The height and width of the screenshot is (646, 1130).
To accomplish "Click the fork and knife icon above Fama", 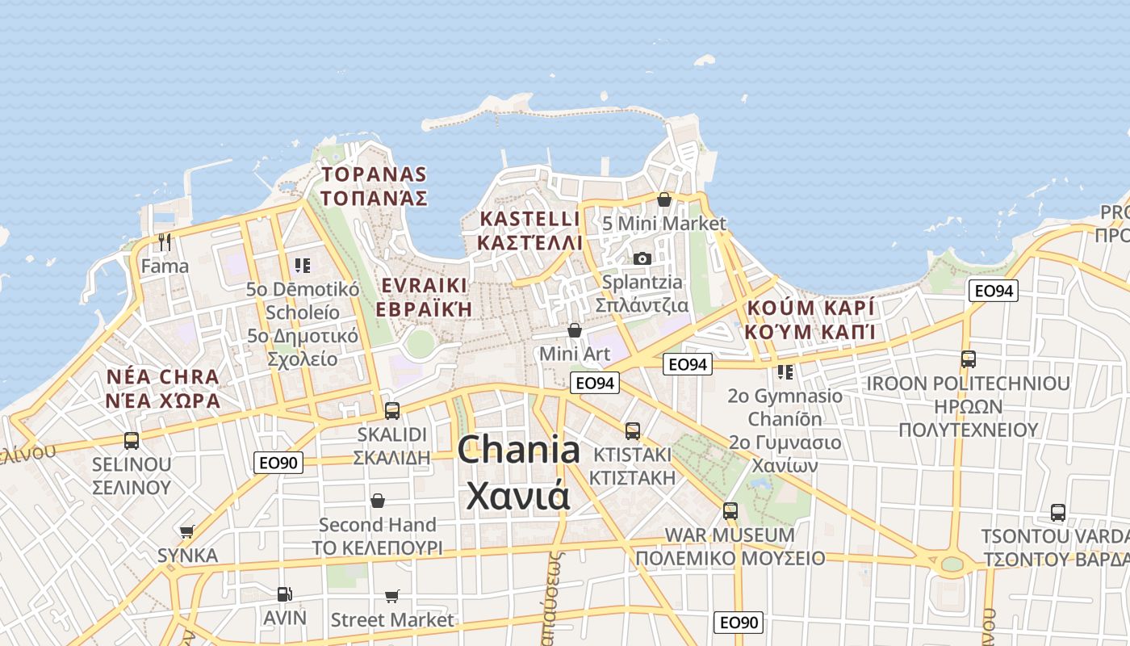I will click(165, 241).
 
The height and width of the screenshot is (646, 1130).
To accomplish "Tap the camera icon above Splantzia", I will click(642, 258).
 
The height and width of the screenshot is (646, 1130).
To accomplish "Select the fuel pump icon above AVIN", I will click(284, 594).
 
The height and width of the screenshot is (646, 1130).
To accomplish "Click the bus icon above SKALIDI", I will click(392, 410).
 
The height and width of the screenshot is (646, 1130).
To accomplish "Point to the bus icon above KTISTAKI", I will click(632, 431).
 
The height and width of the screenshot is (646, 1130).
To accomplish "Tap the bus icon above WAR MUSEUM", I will click(730, 510).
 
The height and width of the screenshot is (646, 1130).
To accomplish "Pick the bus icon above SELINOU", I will click(132, 441).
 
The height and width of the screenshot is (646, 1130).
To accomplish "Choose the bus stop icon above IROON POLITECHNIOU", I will click(968, 359).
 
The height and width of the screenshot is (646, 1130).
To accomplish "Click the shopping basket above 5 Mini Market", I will click(664, 199).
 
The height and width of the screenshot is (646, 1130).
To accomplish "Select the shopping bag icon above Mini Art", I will click(575, 329).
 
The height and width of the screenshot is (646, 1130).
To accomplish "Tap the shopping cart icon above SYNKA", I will click(187, 531).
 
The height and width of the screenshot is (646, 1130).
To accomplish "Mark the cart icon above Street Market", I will click(392, 596).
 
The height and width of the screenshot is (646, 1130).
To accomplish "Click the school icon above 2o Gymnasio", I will click(785, 371).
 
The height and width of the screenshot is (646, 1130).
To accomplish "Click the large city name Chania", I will click(519, 451).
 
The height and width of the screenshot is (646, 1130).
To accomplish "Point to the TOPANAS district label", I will click(374, 174).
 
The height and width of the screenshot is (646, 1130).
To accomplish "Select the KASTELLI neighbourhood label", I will click(529, 219).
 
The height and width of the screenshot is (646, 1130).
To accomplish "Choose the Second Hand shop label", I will click(377, 525).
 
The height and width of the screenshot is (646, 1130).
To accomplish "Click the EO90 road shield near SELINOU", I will click(278, 463).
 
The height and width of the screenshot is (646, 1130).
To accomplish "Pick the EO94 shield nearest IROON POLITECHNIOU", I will click(994, 291).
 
